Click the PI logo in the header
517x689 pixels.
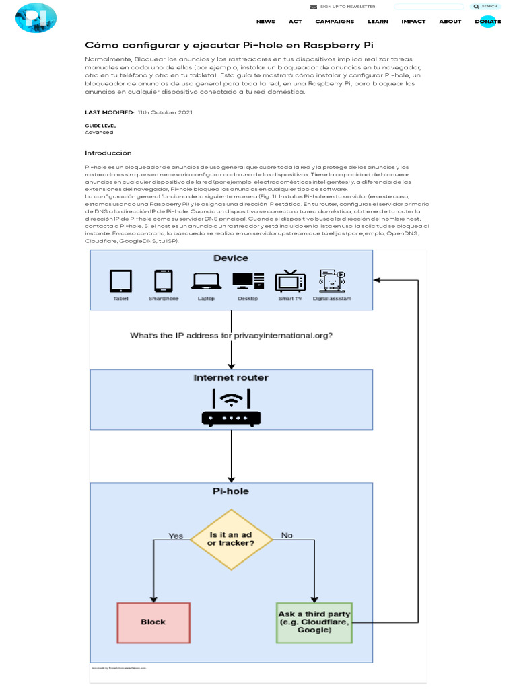pos(35,18)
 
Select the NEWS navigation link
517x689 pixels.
pos(265,22)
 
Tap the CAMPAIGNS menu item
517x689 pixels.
pos(335,22)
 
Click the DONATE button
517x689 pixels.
pos(487,22)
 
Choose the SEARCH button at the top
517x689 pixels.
pos(485,7)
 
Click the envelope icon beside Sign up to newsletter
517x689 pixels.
pos(313,7)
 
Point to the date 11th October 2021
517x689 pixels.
pos(165,112)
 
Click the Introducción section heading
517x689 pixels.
pos(108,153)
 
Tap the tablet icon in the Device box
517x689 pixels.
pos(121,281)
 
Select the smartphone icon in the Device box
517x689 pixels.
pos(164,281)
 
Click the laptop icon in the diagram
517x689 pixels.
pos(206,281)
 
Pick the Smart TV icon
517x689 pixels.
pos(290,281)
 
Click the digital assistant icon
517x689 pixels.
pos(332,281)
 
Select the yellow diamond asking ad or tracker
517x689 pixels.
pos(231,539)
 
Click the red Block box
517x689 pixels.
pos(153,622)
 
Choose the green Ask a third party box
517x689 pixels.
pos(314,622)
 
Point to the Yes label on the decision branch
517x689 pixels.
pos(176,536)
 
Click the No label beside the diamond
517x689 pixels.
pos(287,536)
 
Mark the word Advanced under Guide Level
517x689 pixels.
pos(99,133)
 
